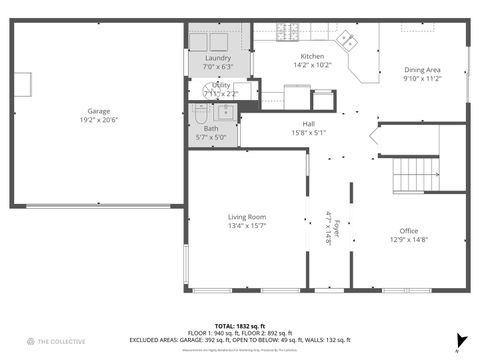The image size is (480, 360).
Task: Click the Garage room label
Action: [x=98, y=111]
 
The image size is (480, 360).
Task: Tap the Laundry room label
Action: [x=217, y=58]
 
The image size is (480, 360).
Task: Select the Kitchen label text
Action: [x=312, y=56]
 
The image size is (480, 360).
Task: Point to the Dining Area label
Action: [x=422, y=69]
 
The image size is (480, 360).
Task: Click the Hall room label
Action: [x=309, y=123]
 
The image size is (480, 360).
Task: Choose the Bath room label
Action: [x=210, y=128]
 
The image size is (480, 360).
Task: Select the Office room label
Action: [x=408, y=231]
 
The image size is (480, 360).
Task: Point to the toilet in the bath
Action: [x=200, y=111]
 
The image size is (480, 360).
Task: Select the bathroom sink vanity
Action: [x=226, y=111]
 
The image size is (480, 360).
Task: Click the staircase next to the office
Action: [x=415, y=174]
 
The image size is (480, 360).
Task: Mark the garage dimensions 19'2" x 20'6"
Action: [x=98, y=119]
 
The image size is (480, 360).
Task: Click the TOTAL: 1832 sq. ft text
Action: [x=240, y=325]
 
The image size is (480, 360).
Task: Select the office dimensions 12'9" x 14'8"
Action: [x=408, y=239]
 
